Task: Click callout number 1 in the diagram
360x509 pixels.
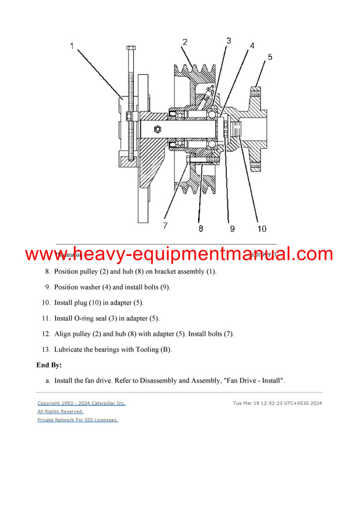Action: (x=73, y=46)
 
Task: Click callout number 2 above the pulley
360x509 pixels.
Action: (x=185, y=42)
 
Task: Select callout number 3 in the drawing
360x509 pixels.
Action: (x=229, y=41)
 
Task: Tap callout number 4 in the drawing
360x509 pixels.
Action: (x=252, y=46)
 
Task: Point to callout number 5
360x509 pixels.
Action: (x=270, y=57)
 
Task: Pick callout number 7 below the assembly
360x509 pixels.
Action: (x=165, y=226)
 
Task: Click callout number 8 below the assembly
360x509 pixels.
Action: (x=200, y=228)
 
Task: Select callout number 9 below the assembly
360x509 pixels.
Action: (x=232, y=228)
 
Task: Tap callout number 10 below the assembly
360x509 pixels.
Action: (x=262, y=228)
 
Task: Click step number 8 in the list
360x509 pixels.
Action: (x=47, y=272)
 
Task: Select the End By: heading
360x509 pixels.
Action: (x=49, y=365)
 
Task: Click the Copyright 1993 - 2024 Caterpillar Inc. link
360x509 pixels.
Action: (x=82, y=403)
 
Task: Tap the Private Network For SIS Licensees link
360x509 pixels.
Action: (x=77, y=420)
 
